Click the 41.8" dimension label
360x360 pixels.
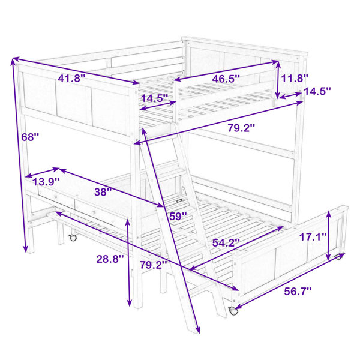pyautogui.click(x=71, y=78)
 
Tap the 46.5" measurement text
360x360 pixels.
pyautogui.click(x=226, y=79)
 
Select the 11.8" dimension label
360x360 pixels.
pyautogui.click(x=295, y=78)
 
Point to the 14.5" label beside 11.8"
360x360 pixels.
pyautogui.click(x=317, y=91)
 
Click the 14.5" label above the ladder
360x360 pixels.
pyautogui.click(x=155, y=98)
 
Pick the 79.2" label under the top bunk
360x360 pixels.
pyautogui.click(x=242, y=128)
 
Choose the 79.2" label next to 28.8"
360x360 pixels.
pyautogui.click(x=154, y=265)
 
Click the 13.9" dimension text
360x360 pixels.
pyautogui.click(x=46, y=182)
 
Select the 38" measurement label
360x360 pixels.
pyautogui.click(x=103, y=192)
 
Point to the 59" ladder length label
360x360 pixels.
pyautogui.click(x=178, y=216)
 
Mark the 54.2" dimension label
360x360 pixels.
pyautogui.click(x=226, y=242)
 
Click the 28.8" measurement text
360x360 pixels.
pyautogui.click(x=110, y=259)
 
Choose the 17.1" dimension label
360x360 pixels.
pyautogui.click(x=313, y=236)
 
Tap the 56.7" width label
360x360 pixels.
pyautogui.click(x=298, y=292)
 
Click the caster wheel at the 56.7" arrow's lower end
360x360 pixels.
pyautogui.click(x=233, y=311)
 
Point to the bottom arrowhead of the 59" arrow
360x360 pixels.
pyautogui.click(x=197, y=329)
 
